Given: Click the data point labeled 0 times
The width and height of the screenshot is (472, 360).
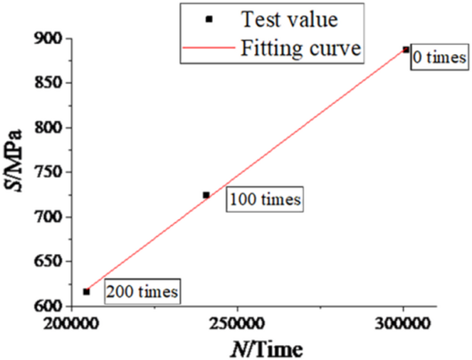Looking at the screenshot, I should point(406,50).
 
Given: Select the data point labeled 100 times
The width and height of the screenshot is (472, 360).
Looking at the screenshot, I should point(206,195).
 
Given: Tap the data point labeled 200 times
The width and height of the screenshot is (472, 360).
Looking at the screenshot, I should point(87,292).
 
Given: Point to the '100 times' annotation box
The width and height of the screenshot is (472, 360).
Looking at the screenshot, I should point(265,200).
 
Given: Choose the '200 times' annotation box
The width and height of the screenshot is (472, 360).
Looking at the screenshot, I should point(141,291).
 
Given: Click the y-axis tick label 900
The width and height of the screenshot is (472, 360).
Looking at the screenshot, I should point(49,38).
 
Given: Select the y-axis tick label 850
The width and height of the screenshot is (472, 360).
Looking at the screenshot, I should point(49,83).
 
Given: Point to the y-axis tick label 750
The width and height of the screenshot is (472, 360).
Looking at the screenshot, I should point(49,173).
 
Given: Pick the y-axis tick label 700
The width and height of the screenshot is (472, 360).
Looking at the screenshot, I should point(49,217).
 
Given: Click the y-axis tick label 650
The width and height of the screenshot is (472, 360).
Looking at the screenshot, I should point(49,262).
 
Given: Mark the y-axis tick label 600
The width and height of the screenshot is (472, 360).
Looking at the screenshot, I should point(49,307).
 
